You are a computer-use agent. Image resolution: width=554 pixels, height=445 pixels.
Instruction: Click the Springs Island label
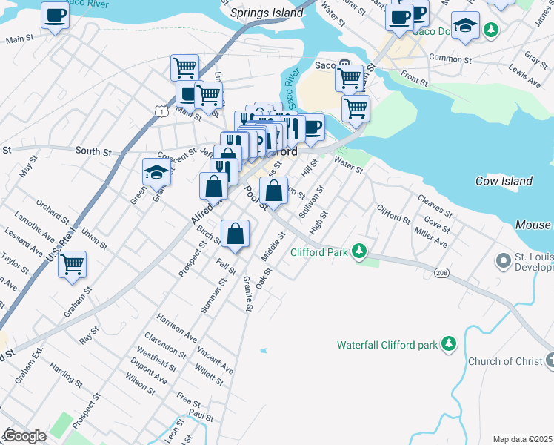[267, 13]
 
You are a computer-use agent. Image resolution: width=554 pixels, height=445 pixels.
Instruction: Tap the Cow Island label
[504, 181]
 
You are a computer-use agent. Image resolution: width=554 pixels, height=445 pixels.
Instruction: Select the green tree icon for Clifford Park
[359, 251]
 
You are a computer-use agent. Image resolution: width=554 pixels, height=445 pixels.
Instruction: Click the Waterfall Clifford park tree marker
[448, 344]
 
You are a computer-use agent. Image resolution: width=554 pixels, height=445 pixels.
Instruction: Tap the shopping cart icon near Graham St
[73, 264]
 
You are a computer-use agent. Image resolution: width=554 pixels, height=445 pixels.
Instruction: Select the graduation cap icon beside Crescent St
[157, 172]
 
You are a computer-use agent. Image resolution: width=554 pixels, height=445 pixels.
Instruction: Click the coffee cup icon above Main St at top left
[55, 15]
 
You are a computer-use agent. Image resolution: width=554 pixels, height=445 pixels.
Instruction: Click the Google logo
[24, 436]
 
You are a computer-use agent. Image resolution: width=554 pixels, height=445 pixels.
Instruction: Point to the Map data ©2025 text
[522, 439]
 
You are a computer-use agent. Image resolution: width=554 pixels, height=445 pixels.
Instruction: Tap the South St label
[93, 152]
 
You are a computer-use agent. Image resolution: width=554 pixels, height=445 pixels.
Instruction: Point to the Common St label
[450, 58]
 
